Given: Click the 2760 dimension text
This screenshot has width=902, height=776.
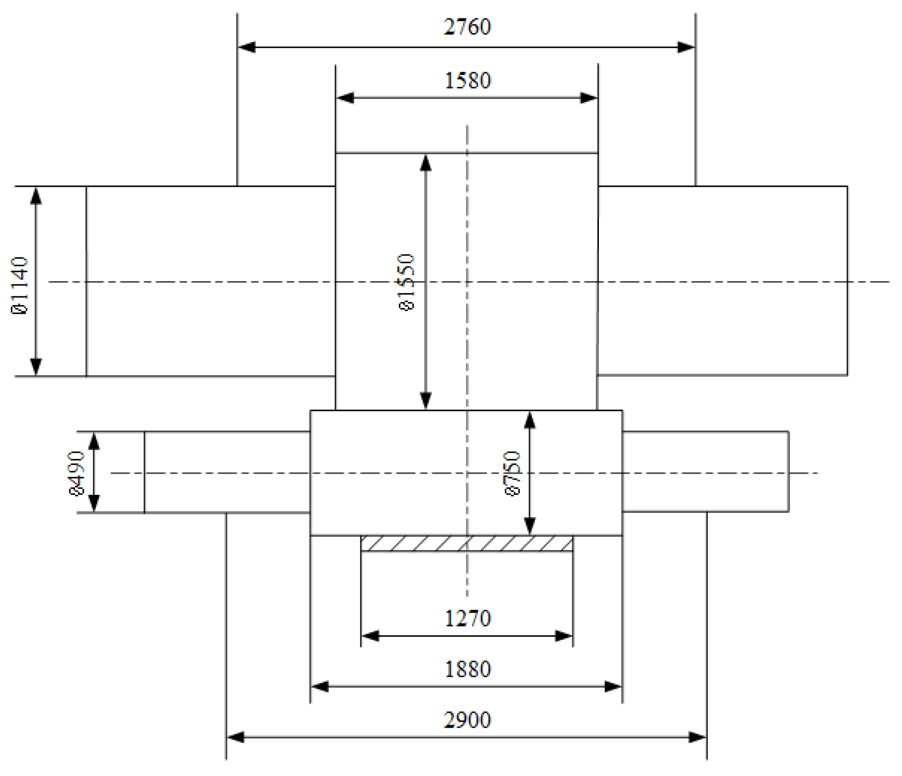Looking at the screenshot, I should coord(467,27).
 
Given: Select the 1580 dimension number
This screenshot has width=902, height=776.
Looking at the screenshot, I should coord(467,81).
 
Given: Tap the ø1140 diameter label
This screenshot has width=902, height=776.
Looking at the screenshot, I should coord(20,285).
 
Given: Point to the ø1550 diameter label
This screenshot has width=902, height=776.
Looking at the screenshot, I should coord(407,282).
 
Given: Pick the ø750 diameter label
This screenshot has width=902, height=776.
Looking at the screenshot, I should coord(512,473).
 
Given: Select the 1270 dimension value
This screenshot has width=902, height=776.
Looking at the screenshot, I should coord(467,619).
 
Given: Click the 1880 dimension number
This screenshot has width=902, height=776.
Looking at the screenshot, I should coord(467,669).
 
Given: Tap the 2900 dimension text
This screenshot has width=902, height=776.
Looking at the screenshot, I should coord(467,720).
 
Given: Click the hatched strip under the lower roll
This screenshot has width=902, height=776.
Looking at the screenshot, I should coord(466,543).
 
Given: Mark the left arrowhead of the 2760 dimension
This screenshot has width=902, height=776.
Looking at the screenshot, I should coord(247,47).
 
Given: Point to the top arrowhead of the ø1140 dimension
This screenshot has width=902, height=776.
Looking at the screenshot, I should coord(36,195).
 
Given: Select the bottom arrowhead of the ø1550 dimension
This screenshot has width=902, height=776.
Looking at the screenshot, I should coord(425,400).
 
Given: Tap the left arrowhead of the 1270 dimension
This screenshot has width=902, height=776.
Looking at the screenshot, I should coord(370,636).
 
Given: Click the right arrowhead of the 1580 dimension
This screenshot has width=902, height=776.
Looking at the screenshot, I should coord(589,98).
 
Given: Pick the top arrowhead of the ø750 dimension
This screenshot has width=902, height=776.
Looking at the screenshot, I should coord(529,420).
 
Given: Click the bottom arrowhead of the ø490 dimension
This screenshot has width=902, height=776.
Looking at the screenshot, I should coord(94,503).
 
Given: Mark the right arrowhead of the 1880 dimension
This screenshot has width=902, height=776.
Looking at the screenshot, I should coord(613,687).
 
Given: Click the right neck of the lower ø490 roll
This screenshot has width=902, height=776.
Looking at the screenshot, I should coord(705,471).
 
